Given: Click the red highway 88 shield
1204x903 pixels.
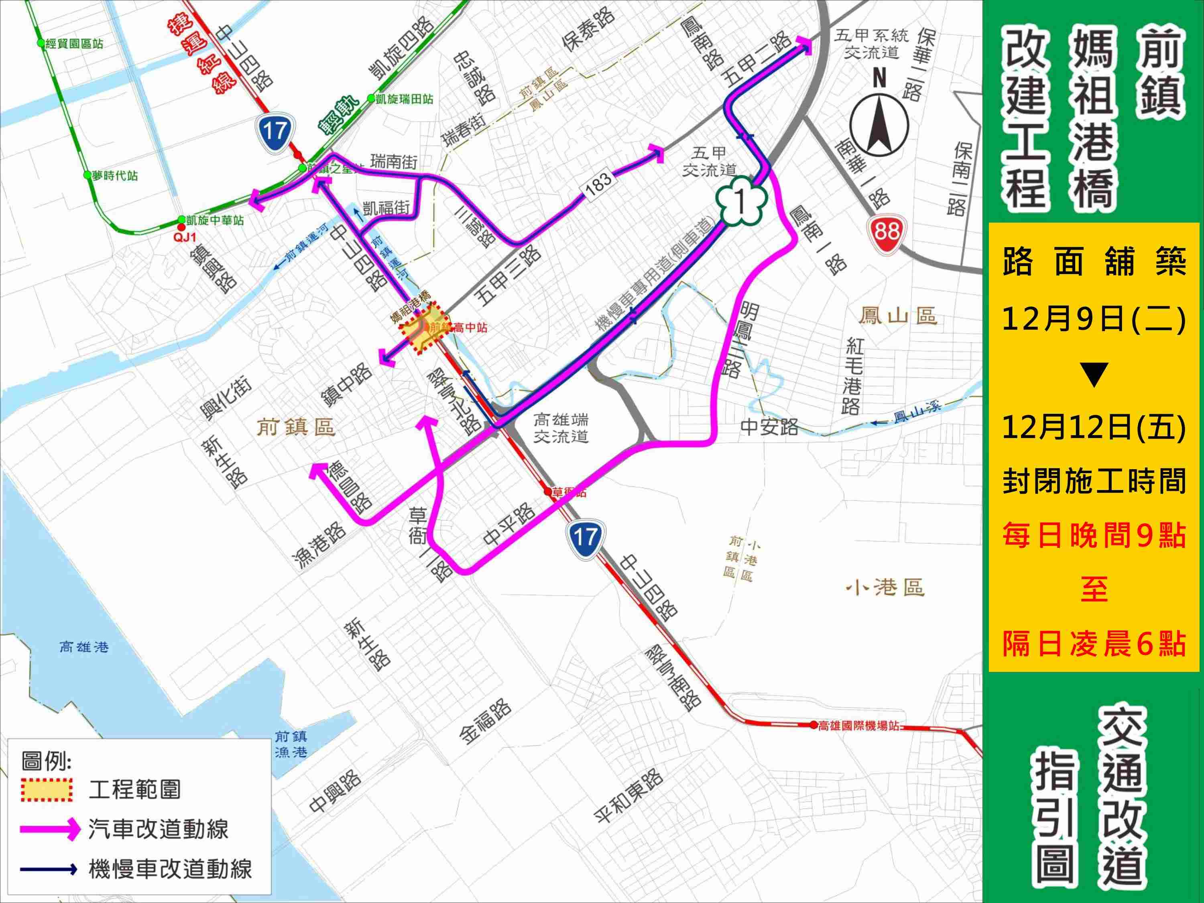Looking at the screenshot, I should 886,231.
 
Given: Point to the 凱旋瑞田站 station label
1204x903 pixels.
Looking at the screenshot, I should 403,99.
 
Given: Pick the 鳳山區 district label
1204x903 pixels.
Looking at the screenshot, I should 897,315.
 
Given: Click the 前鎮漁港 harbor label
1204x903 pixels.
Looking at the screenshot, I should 291,744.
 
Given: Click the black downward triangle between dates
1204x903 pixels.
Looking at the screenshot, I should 1094,376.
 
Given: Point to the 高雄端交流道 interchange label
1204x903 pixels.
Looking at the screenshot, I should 561,428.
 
